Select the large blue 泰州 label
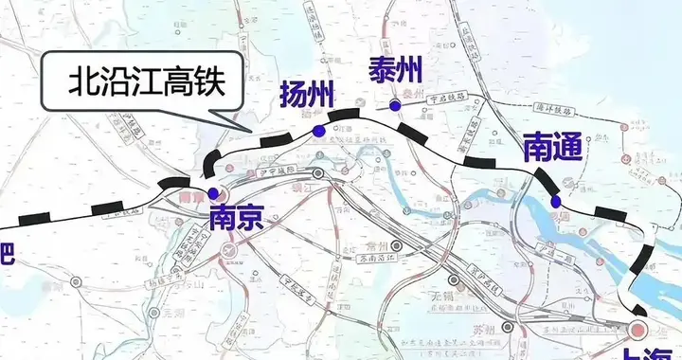click(x=396, y=68)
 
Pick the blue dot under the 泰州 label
click(x=394, y=104)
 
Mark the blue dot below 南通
click(x=556, y=201)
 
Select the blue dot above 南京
click(x=211, y=191)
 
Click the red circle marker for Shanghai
click(x=637, y=330)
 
